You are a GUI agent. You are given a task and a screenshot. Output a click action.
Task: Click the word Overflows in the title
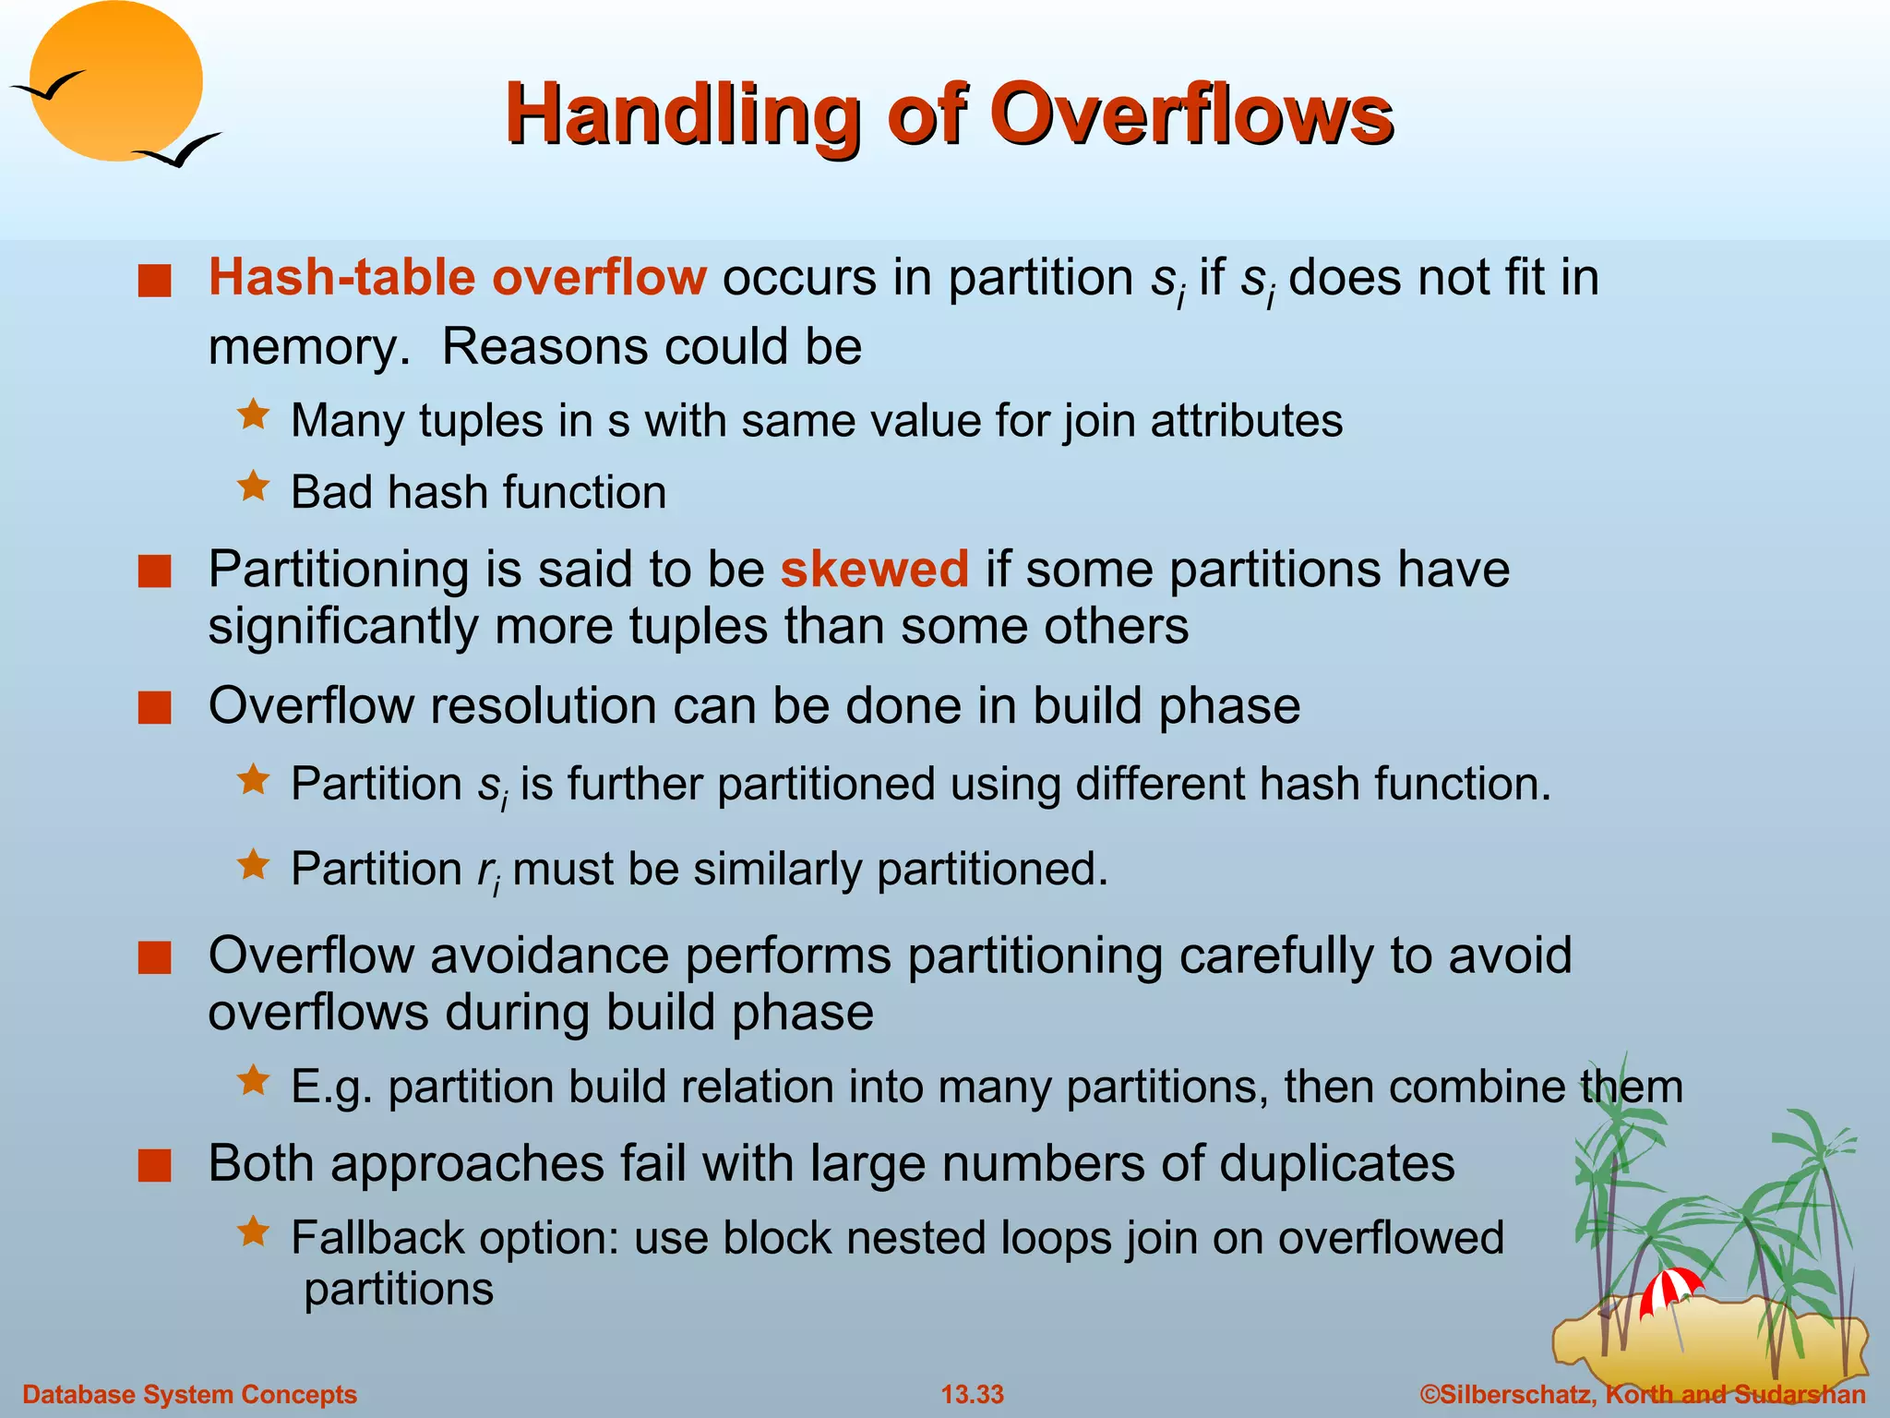(x=1190, y=114)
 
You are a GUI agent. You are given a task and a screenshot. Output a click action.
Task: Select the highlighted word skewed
(x=874, y=569)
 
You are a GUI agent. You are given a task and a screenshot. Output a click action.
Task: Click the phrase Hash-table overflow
(x=457, y=277)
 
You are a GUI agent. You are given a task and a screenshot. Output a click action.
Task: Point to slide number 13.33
(x=972, y=1394)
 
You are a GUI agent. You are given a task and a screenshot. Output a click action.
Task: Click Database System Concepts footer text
(x=189, y=1394)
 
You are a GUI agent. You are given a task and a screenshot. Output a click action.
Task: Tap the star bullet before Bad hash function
(x=253, y=486)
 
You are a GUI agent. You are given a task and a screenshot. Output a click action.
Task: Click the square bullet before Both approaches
(x=155, y=1166)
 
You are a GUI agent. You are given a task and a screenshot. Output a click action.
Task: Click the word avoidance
(x=549, y=955)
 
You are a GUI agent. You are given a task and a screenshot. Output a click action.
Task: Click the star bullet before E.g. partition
(x=253, y=1080)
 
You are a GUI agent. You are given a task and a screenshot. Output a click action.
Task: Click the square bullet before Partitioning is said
(x=155, y=571)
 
